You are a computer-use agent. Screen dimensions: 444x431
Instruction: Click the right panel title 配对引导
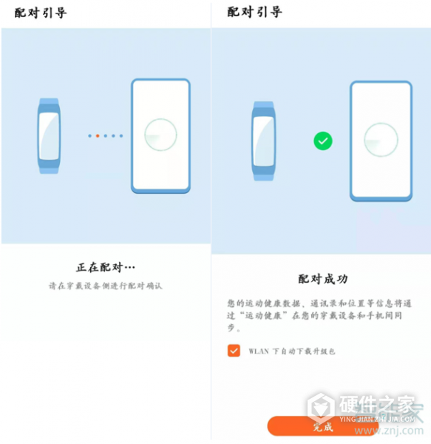254,13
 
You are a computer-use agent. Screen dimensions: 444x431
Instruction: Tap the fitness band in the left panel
49,136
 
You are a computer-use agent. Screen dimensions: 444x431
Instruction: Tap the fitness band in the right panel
264,141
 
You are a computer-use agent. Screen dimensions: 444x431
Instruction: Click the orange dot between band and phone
97,135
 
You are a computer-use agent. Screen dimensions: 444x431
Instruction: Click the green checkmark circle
322,140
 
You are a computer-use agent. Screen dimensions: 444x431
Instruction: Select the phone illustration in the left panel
160,136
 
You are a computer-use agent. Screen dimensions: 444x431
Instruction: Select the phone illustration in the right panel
381,141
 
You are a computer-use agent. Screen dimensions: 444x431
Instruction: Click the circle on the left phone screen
160,136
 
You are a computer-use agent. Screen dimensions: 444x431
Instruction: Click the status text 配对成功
323,279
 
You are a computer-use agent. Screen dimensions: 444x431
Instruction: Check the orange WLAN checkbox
234,351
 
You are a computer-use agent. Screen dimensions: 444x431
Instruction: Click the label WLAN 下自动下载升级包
291,351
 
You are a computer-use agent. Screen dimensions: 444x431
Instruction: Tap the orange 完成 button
322,426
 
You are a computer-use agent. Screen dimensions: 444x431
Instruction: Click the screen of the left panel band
49,136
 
